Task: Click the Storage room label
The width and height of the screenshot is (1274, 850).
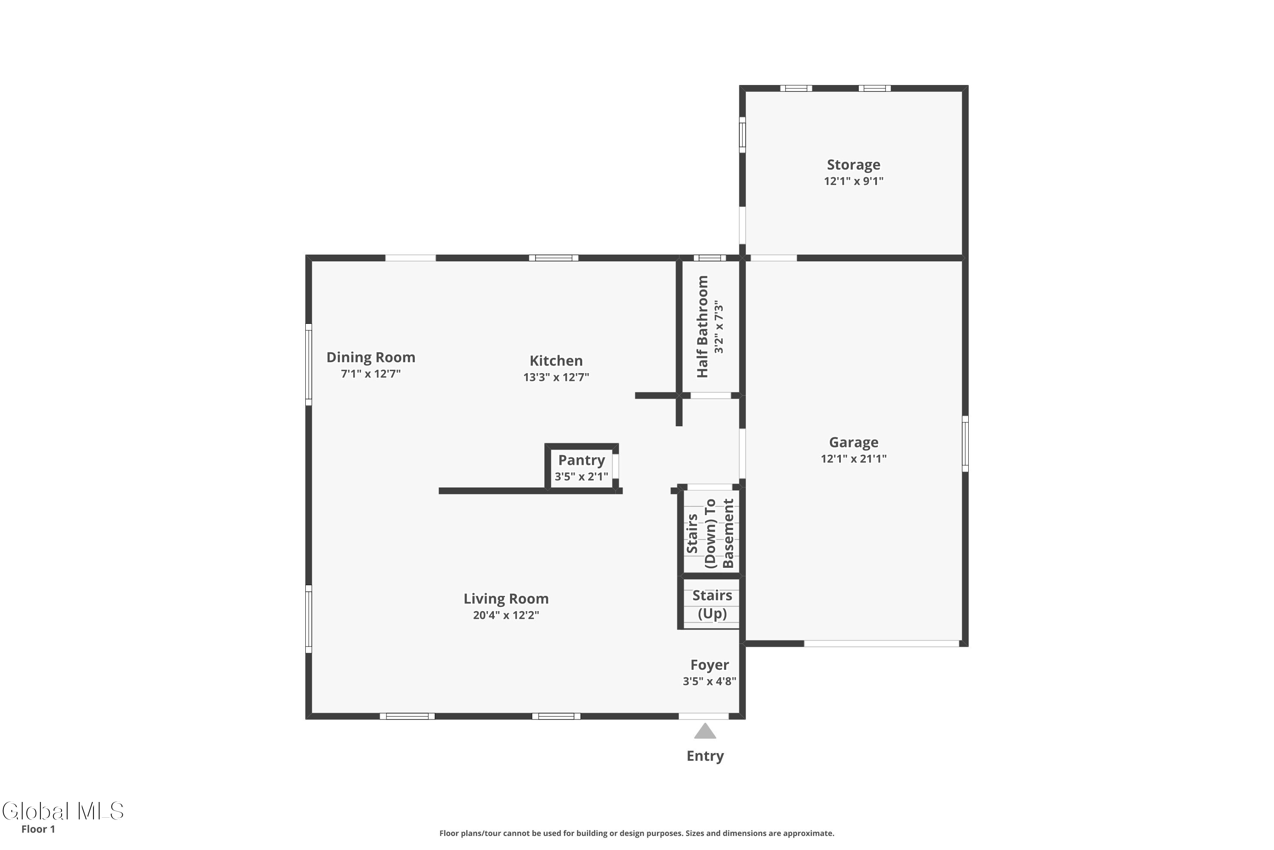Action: click(x=853, y=165)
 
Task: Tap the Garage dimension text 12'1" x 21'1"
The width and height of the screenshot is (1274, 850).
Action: click(x=854, y=459)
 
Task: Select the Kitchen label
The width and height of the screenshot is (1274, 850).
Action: click(x=556, y=360)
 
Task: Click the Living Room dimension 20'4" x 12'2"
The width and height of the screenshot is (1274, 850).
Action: click(x=506, y=615)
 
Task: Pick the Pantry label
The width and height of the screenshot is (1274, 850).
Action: click(x=581, y=460)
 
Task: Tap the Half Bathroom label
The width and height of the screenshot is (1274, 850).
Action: click(x=702, y=326)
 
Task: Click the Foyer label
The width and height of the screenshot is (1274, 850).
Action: click(x=710, y=665)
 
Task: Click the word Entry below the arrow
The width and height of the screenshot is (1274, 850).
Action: click(x=705, y=756)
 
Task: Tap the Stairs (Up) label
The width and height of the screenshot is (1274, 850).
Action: click(x=712, y=604)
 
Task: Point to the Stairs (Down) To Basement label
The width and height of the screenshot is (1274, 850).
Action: click(x=710, y=533)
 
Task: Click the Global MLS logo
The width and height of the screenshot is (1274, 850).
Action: click(x=63, y=811)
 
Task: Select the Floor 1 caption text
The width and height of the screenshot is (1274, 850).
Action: click(x=38, y=829)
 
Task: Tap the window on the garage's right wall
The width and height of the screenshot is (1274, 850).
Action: click(x=965, y=443)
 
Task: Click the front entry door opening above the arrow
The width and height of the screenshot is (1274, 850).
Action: click(x=704, y=716)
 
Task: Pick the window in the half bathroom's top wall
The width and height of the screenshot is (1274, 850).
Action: click(x=710, y=258)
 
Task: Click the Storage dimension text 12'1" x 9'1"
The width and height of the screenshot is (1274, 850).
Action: click(x=854, y=181)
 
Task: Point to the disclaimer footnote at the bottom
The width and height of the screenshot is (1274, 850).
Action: click(x=637, y=833)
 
